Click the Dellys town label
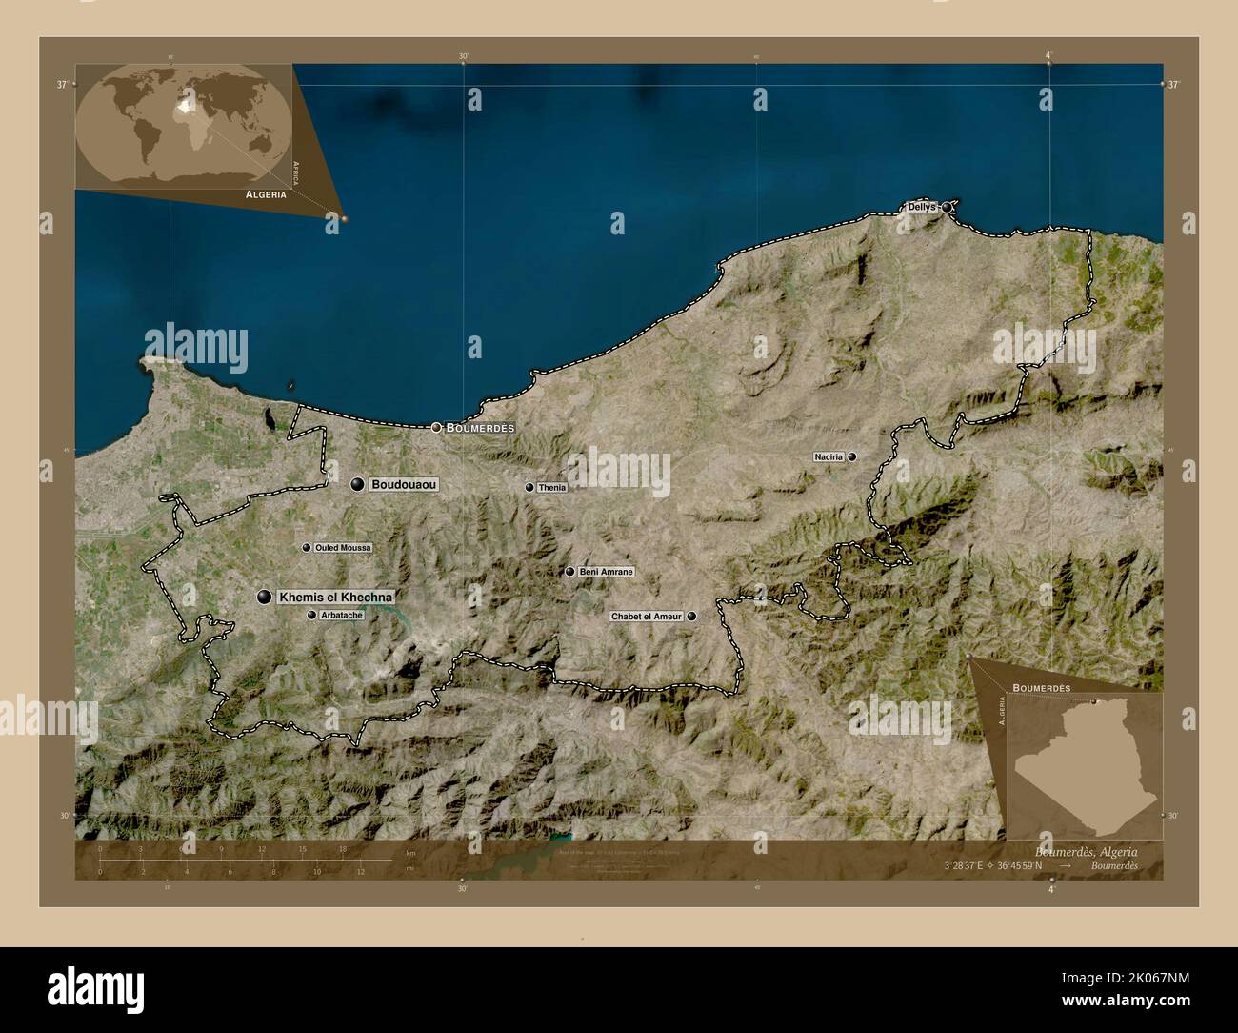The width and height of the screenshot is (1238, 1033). [x=921, y=207]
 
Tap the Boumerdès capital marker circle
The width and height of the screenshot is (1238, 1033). [x=436, y=428]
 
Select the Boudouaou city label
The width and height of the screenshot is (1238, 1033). [x=404, y=485]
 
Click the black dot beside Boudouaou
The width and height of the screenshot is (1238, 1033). [x=357, y=485]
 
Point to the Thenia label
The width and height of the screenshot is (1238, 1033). [x=551, y=488]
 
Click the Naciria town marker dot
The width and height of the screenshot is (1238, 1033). [x=852, y=457]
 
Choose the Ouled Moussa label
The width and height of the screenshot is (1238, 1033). [x=343, y=548]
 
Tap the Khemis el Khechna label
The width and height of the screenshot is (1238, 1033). [x=336, y=597]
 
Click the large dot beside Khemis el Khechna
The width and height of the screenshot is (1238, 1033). [x=264, y=597]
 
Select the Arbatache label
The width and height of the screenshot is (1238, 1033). [x=342, y=616]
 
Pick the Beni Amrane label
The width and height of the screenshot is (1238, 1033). [x=606, y=572]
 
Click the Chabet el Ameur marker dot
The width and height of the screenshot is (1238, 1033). [x=691, y=617]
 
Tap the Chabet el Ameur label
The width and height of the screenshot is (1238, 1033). [x=647, y=617]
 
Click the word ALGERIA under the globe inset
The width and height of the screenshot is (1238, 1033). [x=266, y=193]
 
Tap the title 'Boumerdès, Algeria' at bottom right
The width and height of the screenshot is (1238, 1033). [x=1085, y=851]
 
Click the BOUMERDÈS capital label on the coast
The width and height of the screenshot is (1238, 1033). [x=480, y=429]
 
